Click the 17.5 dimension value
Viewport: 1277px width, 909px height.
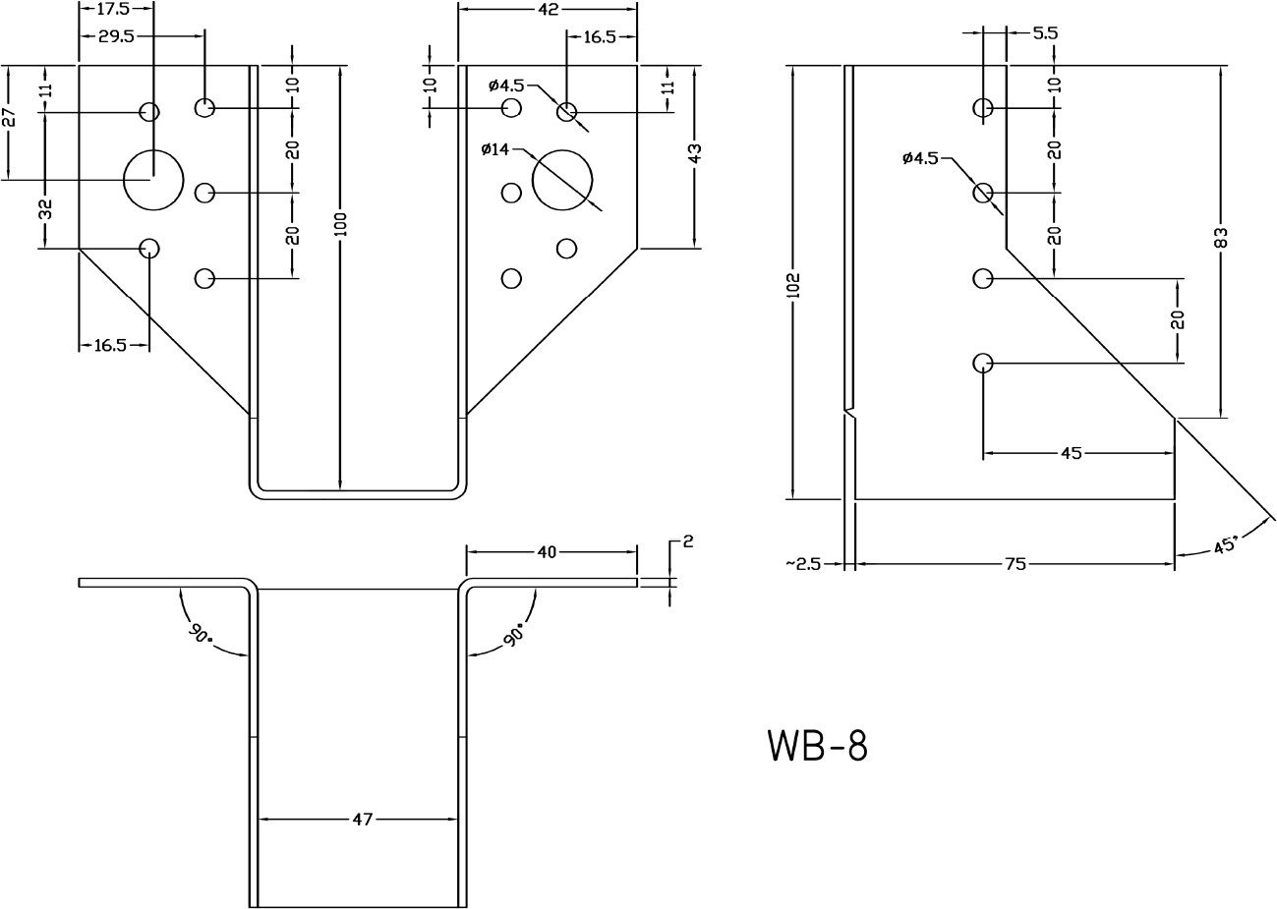click(x=116, y=9)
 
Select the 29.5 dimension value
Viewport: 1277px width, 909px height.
click(x=116, y=34)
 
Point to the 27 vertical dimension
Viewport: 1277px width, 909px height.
click(x=10, y=118)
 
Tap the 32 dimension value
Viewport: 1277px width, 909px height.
click(x=45, y=208)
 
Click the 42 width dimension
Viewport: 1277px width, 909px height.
click(x=549, y=10)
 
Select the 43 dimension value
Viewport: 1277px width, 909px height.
click(x=694, y=153)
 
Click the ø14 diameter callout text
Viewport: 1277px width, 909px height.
click(x=497, y=149)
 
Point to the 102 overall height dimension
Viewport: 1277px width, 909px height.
click(x=794, y=285)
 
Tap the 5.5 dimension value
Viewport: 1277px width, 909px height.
click(x=1045, y=32)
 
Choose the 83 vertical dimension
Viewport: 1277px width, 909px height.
click(x=1221, y=237)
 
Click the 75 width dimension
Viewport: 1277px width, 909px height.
click(x=1016, y=564)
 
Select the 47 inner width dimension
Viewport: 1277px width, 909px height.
click(x=363, y=819)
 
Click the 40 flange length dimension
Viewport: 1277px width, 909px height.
click(x=548, y=552)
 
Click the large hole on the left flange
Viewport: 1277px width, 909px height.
click(x=153, y=180)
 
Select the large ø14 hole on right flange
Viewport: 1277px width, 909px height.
click(x=562, y=180)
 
